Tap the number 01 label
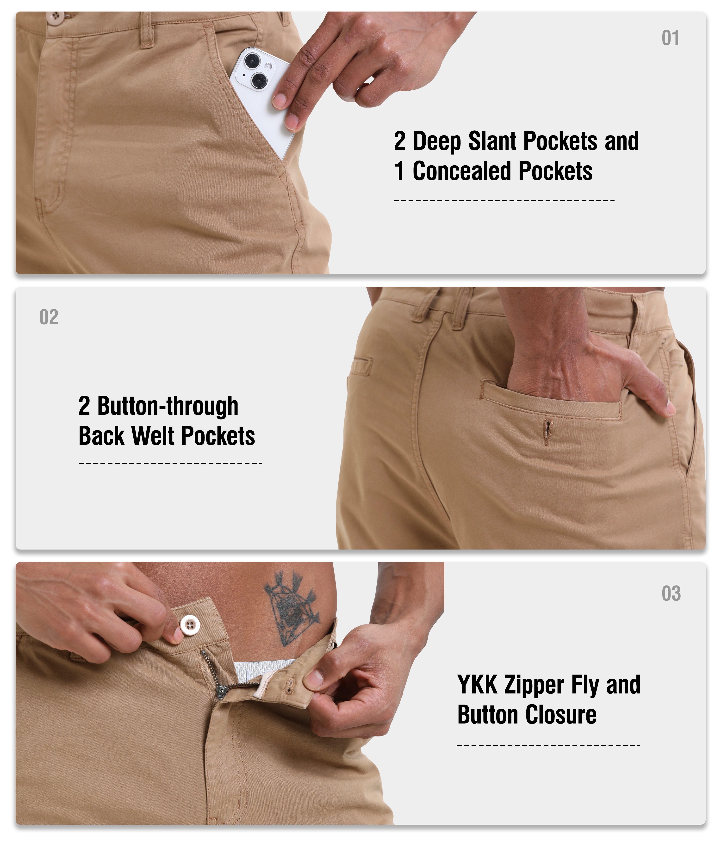[670, 38]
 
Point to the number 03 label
[671, 594]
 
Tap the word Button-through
[168, 406]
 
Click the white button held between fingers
[189, 624]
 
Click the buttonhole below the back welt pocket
[548, 433]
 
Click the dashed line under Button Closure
[548, 745]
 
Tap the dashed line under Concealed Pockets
[504, 200]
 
